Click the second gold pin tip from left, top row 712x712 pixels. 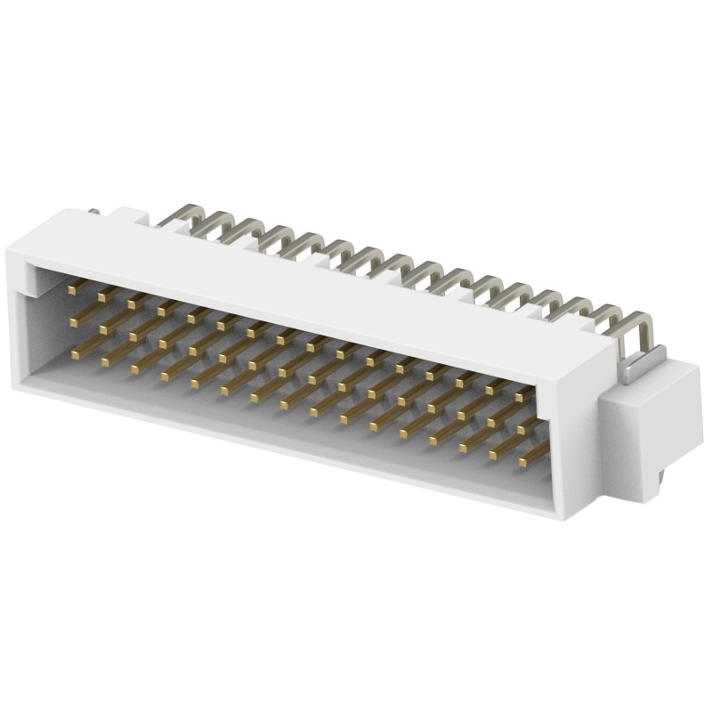click(x=102, y=295)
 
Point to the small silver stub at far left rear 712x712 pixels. click(x=93, y=213)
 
